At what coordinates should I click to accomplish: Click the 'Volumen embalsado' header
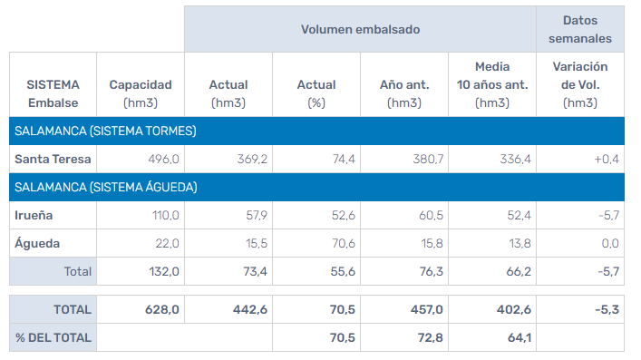(360, 29)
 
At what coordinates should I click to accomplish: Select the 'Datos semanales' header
(580, 29)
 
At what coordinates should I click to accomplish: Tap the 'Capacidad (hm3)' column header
(141, 93)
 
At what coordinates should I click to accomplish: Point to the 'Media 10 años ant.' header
(492, 84)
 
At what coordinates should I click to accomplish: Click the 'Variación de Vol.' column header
(580, 84)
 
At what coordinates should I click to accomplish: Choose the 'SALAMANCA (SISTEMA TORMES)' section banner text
(105, 131)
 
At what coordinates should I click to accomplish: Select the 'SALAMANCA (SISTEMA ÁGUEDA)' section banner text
(106, 187)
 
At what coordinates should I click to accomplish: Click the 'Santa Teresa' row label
(51, 159)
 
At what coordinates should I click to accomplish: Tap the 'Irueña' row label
(34, 215)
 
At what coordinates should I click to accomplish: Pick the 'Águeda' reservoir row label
(36, 243)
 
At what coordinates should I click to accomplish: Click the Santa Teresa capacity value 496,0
(163, 159)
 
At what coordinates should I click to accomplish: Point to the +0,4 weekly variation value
(606, 159)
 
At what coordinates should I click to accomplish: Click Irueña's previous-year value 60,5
(426, 215)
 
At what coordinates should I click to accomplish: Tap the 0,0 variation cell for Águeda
(609, 243)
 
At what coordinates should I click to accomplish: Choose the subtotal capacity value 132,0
(162, 271)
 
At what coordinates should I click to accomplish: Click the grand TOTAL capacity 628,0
(162, 309)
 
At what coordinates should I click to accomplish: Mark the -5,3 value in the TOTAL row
(605, 309)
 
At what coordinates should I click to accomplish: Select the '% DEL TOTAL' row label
(53, 337)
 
